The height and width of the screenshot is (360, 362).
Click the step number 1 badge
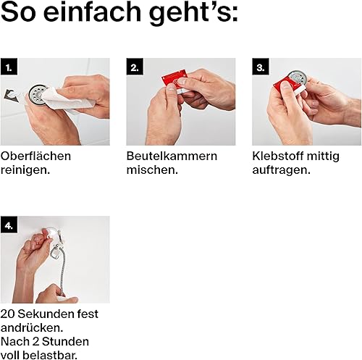pyautogui.click(x=9, y=67)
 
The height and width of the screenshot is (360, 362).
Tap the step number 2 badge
pyautogui.click(x=135, y=67)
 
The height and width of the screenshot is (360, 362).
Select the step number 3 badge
pyautogui.click(x=261, y=67)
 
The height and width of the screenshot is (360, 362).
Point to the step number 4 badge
pyautogui.click(x=9, y=225)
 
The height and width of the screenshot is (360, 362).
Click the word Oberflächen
pyautogui.click(x=35, y=156)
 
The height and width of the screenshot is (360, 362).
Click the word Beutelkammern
pyautogui.click(x=172, y=156)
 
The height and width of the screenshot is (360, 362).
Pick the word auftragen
pyautogui.click(x=281, y=171)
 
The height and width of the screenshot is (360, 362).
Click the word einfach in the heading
pyautogui.click(x=92, y=12)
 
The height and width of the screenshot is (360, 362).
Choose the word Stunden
pyautogui.click(x=65, y=342)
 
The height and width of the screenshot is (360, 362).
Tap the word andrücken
pyautogui.click(x=32, y=328)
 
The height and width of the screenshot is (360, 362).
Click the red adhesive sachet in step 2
pyautogui.click(x=174, y=80)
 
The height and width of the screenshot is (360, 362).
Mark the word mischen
pyautogui.click(x=152, y=170)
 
